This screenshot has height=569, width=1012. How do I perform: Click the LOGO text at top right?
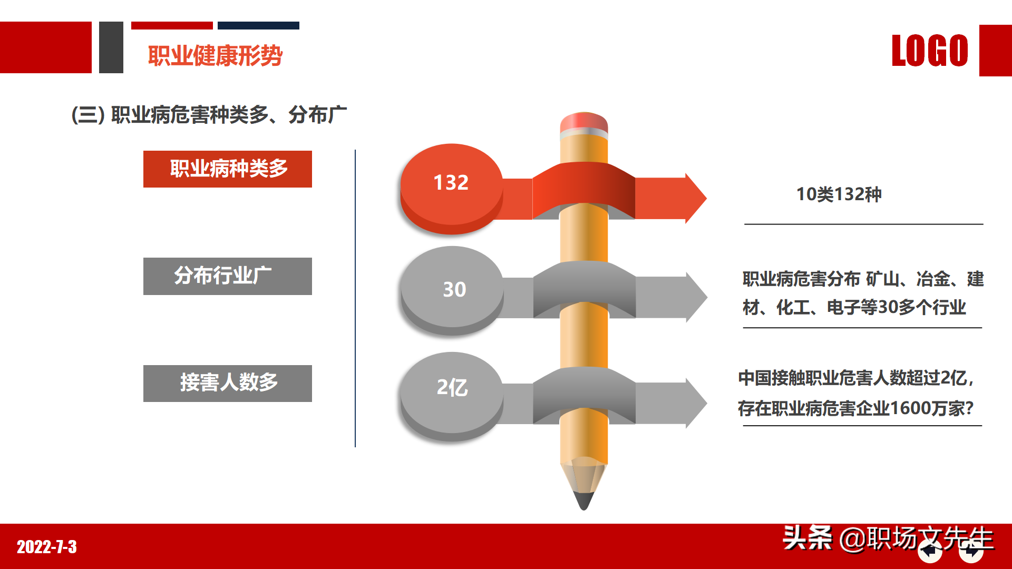point(930,51)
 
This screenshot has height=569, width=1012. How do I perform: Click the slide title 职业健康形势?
point(215,56)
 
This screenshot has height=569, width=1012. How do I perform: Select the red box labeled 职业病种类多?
point(228,169)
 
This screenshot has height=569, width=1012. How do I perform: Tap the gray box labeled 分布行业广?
point(228,276)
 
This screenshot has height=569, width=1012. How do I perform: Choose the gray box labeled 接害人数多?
point(228,383)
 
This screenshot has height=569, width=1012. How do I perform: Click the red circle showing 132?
point(451,183)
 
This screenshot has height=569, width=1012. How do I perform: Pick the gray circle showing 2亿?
point(452,388)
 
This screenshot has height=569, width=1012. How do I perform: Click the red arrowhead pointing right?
point(695,198)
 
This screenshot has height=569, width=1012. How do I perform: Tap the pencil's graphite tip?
point(583,501)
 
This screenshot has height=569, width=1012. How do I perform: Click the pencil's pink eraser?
point(583,122)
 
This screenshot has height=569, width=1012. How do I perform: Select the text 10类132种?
point(839,194)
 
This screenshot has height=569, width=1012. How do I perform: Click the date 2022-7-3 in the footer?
point(47,547)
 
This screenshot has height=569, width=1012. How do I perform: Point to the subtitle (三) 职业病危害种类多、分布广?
point(209,115)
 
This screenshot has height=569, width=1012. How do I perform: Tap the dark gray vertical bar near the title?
point(111,47)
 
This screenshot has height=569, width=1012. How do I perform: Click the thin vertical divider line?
point(355,298)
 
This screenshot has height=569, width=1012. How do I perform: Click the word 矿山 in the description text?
point(882,279)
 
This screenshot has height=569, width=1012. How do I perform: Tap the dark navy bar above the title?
point(258,25)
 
